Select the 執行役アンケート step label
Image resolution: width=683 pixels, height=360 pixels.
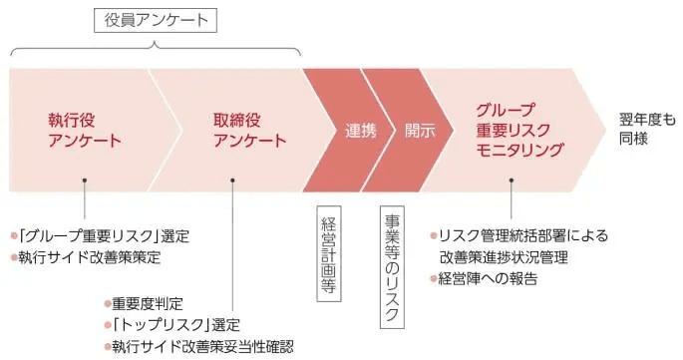85,130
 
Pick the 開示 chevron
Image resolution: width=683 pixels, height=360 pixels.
420,130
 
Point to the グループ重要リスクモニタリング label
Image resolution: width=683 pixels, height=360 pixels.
519,130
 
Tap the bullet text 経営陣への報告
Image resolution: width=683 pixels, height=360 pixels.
488,278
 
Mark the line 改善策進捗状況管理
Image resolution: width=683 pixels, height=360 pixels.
510,257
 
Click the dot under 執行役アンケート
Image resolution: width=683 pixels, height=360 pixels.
86,180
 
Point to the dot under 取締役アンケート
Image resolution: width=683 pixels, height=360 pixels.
232,180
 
